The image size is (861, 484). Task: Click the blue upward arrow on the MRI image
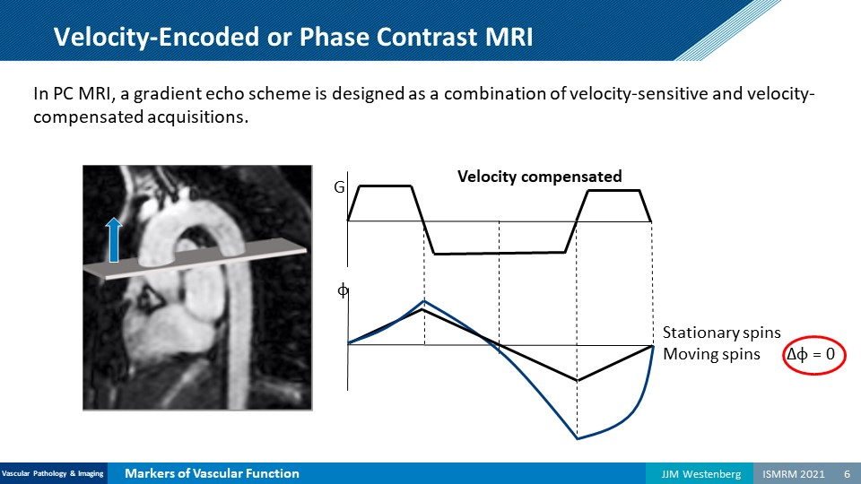(114, 240)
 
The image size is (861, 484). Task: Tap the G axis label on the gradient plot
(339, 187)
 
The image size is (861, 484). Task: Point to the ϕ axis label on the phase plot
(342, 290)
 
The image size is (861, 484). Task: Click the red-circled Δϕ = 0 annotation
(813, 355)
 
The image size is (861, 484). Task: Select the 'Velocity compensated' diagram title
(539, 177)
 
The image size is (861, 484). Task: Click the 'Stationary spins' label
(721, 333)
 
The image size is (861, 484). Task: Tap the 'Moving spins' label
(711, 355)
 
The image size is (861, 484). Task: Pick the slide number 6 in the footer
(848, 473)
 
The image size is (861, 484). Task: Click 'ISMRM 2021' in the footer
(794, 473)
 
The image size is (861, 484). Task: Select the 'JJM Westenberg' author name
(700, 473)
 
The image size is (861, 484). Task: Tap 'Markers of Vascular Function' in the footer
(212, 473)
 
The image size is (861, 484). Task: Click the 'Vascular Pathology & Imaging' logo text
(53, 473)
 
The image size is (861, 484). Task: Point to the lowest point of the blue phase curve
(577, 438)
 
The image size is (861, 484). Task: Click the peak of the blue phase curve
(424, 301)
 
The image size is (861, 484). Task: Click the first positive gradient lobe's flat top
(385, 186)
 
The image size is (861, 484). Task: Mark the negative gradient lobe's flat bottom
(500, 253)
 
